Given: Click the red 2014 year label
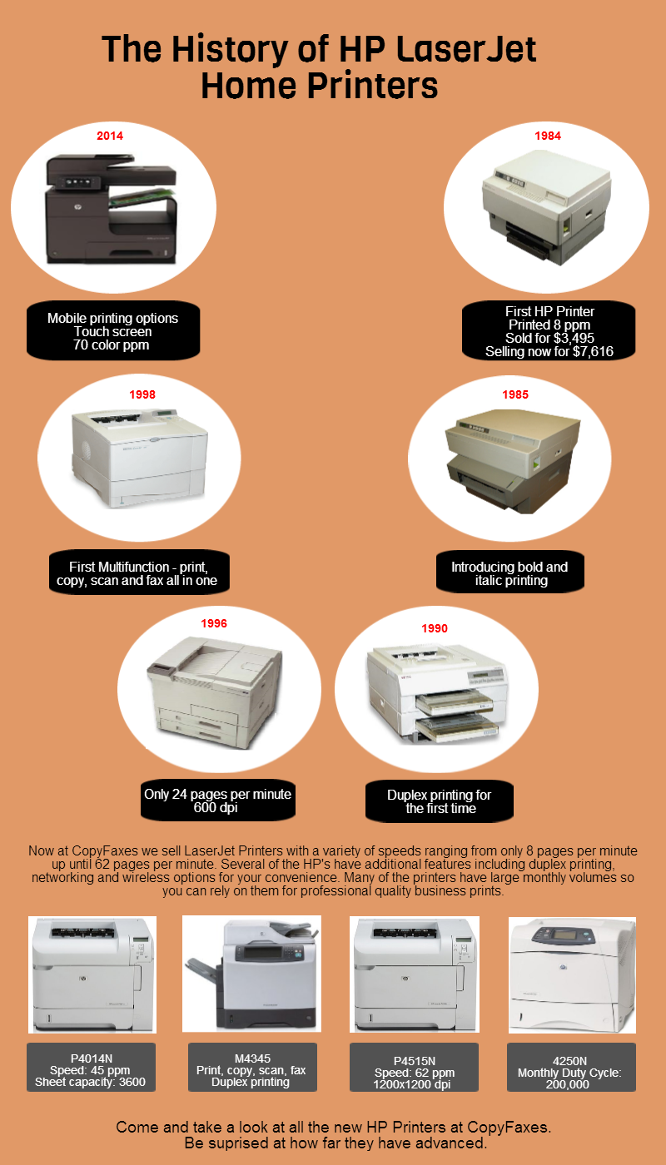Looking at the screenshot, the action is [x=110, y=136].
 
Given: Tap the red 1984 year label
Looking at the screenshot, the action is [x=548, y=136].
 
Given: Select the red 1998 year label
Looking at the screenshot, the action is [x=142, y=394].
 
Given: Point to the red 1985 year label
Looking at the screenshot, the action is [x=515, y=394].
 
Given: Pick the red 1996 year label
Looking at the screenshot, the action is [x=214, y=623].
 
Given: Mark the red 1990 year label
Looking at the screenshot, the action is [x=435, y=628].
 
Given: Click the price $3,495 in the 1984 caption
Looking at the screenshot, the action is [x=570, y=339].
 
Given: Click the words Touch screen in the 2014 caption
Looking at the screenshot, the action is [x=113, y=332].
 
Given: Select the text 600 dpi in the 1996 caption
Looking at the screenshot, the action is [x=216, y=808].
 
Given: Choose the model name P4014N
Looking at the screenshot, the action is [x=92, y=1058].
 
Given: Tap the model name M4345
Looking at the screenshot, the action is [x=252, y=1058].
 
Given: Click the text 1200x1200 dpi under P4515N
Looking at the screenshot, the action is [x=411, y=1084].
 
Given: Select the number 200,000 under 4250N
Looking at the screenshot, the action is [x=568, y=1084].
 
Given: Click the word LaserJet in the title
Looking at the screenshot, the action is [x=466, y=50].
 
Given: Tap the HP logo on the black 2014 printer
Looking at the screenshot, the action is [x=77, y=207].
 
